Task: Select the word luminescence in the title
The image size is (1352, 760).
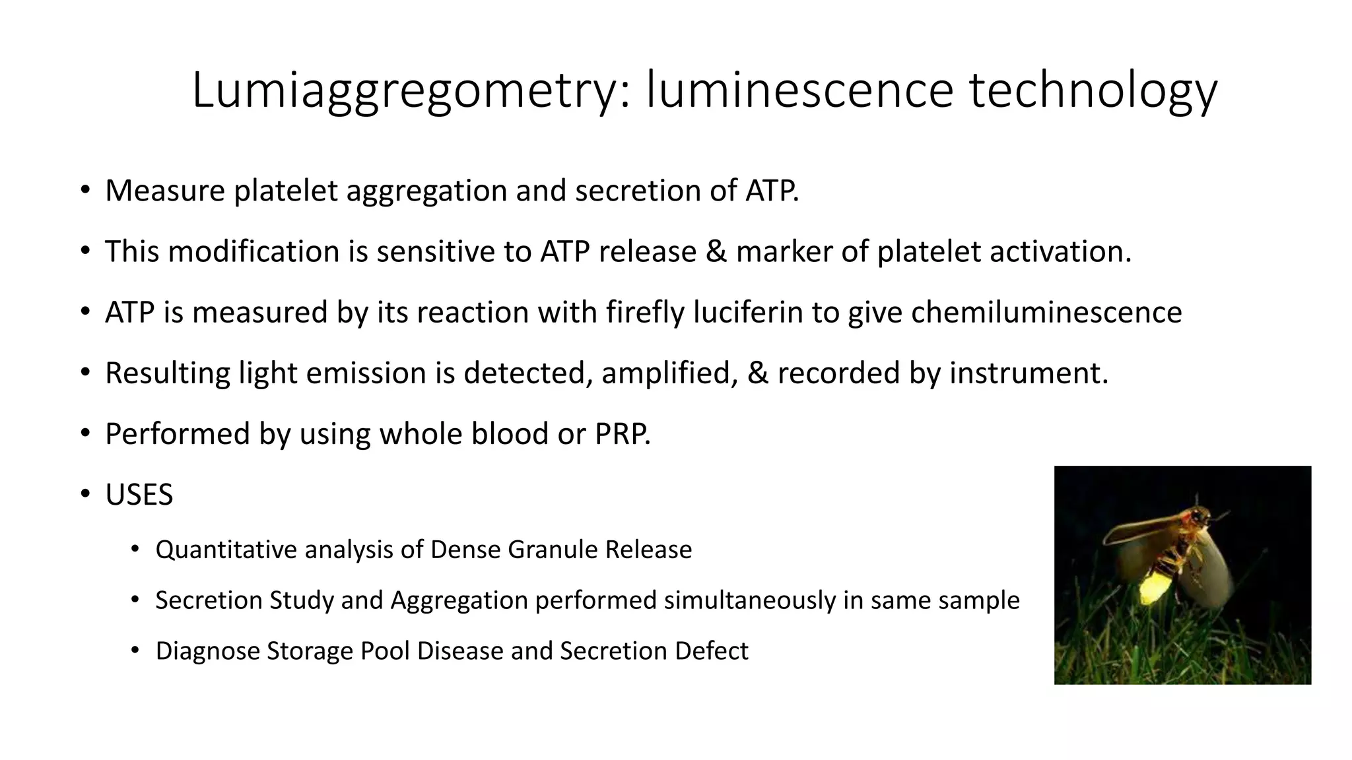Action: click(x=799, y=90)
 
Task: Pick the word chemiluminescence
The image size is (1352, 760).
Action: click(x=1046, y=312)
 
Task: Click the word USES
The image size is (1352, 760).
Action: click(x=139, y=495)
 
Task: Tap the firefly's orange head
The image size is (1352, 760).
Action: click(x=1200, y=518)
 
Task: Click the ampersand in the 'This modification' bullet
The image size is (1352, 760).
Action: click(x=716, y=251)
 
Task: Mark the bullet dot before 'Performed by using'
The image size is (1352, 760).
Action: click(x=84, y=433)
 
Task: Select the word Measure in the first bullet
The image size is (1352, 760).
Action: click(x=165, y=191)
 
